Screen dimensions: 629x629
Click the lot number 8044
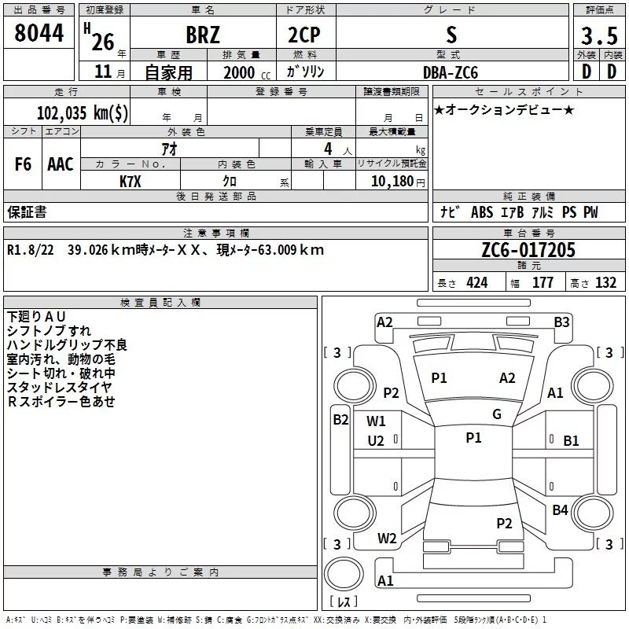tap(39, 34)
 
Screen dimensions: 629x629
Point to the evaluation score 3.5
tap(598, 35)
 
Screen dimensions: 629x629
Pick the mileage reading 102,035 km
tap(83, 113)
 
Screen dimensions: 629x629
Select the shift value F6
tap(24, 164)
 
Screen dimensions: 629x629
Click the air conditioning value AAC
tap(61, 164)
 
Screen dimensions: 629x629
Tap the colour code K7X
tap(131, 181)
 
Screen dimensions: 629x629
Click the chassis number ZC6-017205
tap(528, 251)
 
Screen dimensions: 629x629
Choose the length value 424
tap(476, 283)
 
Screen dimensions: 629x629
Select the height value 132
tap(605, 283)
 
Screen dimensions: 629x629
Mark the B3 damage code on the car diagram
tap(561, 322)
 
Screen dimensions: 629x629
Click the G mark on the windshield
tap(497, 414)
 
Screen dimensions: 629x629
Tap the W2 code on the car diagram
tap(387, 539)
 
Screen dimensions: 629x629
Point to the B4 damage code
tap(560, 510)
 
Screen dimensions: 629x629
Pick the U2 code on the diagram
tap(376, 440)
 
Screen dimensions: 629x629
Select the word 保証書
tap(27, 212)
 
